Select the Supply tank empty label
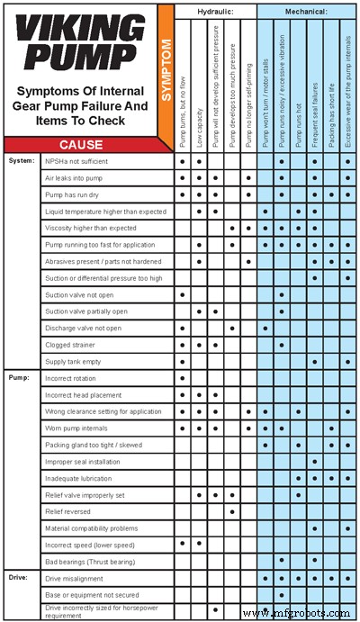point(73,361)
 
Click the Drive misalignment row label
point(74,578)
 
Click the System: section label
point(21,162)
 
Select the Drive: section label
point(19,578)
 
